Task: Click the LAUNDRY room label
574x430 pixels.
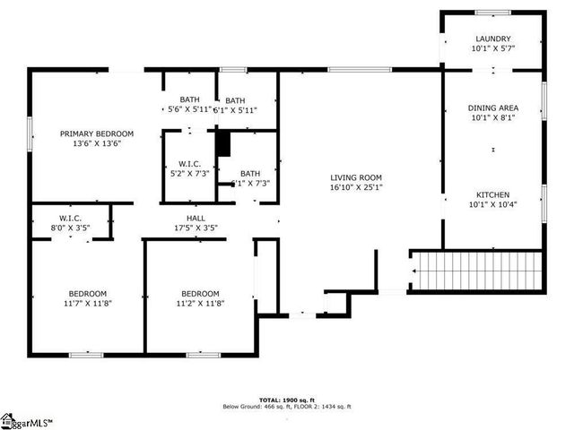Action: (493, 39)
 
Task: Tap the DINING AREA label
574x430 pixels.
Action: (493, 107)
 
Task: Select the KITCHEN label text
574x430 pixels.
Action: (493, 194)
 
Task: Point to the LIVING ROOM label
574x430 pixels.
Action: (356, 177)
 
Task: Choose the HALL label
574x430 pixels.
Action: (196, 217)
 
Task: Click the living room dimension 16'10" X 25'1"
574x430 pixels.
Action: (356, 187)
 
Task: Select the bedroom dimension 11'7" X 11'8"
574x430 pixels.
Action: (88, 303)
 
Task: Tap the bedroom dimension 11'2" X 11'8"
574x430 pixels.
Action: (200, 303)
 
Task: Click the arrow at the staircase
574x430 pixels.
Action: (415, 271)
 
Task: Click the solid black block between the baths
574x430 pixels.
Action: (223, 144)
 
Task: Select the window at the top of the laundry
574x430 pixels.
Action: (492, 12)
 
